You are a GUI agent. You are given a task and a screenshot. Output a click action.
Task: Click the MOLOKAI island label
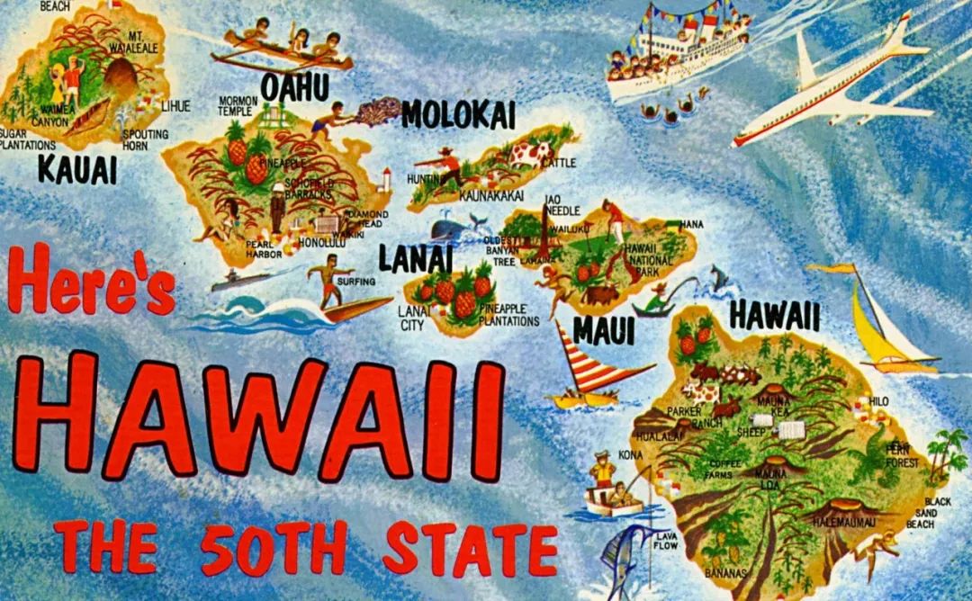point(458,114)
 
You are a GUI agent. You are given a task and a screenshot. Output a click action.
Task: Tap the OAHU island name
point(294,88)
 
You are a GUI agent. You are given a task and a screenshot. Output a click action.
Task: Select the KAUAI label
point(77,168)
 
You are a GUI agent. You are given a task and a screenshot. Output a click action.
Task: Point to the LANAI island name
point(415,258)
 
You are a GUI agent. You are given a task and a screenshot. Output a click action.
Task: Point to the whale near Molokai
point(454,229)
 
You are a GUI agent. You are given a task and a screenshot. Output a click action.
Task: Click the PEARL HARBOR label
point(265,249)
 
